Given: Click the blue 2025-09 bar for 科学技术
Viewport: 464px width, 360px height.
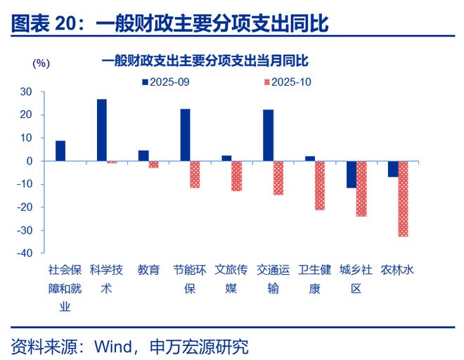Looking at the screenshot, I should pyautogui.click(x=102, y=130).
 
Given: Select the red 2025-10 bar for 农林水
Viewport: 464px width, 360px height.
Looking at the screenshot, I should pyautogui.click(x=404, y=199).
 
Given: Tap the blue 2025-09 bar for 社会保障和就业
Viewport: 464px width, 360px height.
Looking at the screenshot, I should pyautogui.click(x=60, y=151).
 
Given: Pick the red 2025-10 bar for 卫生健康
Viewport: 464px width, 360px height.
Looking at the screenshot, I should pyautogui.click(x=320, y=186).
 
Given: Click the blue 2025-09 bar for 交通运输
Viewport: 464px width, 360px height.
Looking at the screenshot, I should pyautogui.click(x=269, y=136).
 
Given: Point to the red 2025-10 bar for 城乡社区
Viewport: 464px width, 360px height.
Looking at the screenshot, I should pyautogui.click(x=361, y=188).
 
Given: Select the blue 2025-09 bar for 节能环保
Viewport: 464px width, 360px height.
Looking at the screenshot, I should pyautogui.click(x=186, y=135).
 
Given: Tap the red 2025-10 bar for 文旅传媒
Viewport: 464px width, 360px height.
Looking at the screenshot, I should pyautogui.click(x=237, y=176).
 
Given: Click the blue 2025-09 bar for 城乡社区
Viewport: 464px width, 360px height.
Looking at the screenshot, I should pyautogui.click(x=352, y=174).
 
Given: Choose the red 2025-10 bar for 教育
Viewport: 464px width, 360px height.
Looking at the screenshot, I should pyautogui.click(x=153, y=165).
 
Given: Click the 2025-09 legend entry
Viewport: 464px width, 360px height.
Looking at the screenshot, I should pyautogui.click(x=165, y=82).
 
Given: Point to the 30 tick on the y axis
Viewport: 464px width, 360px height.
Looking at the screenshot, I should pyautogui.click(x=26, y=91).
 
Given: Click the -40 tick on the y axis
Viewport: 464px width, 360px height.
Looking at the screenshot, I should pyautogui.click(x=24, y=253).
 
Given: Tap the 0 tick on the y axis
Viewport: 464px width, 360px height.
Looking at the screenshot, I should pyautogui.click(x=30, y=161).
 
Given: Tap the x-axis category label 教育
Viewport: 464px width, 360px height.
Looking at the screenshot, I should pyautogui.click(x=148, y=269).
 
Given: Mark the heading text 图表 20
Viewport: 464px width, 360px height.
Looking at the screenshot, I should pyautogui.click(x=43, y=23).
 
